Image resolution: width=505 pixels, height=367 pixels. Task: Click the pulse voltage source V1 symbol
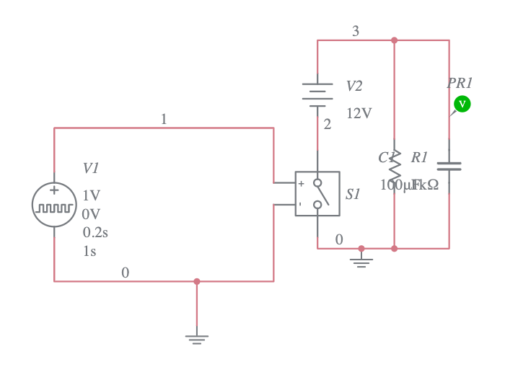(54, 205)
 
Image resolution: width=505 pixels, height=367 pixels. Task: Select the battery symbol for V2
(317, 94)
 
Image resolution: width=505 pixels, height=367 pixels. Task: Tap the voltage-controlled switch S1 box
(317, 193)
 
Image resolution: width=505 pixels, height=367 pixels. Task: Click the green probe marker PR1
(462, 105)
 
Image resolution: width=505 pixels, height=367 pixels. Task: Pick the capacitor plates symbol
(449, 167)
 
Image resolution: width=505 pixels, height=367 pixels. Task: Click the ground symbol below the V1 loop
(197, 337)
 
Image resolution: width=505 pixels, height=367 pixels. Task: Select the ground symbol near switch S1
(361, 261)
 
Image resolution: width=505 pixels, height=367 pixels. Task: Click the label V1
(91, 168)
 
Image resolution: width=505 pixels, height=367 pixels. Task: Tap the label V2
(354, 87)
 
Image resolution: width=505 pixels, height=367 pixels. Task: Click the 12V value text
(359, 113)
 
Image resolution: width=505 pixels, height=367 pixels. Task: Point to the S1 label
(353, 194)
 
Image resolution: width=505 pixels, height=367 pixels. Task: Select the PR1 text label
(460, 83)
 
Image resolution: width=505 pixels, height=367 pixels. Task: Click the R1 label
(419, 157)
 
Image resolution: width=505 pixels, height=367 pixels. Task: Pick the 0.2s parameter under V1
(95, 232)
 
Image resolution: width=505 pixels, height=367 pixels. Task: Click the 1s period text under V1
(89, 251)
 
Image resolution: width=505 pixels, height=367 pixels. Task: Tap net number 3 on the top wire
(355, 31)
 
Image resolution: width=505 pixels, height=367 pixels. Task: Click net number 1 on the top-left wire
(164, 119)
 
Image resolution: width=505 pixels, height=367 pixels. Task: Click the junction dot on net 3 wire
(394, 40)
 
